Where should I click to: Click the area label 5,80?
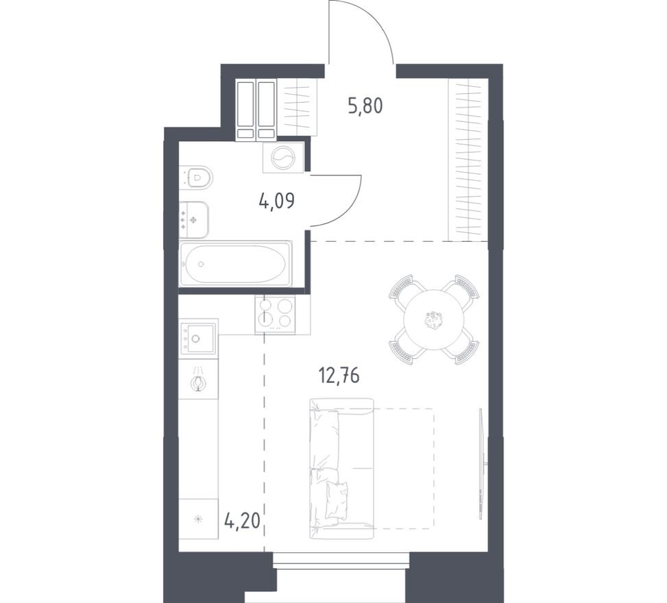pos(365,106)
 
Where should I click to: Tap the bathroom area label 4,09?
pos(276,201)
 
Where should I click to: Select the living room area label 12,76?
pos(339,376)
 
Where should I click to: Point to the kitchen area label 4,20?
pos(242,520)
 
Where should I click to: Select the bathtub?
pos(236,264)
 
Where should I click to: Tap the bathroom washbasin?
pos(194,220)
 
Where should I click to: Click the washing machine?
pos(283,158)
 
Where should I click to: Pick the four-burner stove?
pos(275,315)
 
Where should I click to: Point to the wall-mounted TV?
pos(481,463)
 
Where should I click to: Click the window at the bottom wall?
pos(341,560)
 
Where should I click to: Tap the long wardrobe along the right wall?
pos(468,160)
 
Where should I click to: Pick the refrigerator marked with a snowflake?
pos(198,519)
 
